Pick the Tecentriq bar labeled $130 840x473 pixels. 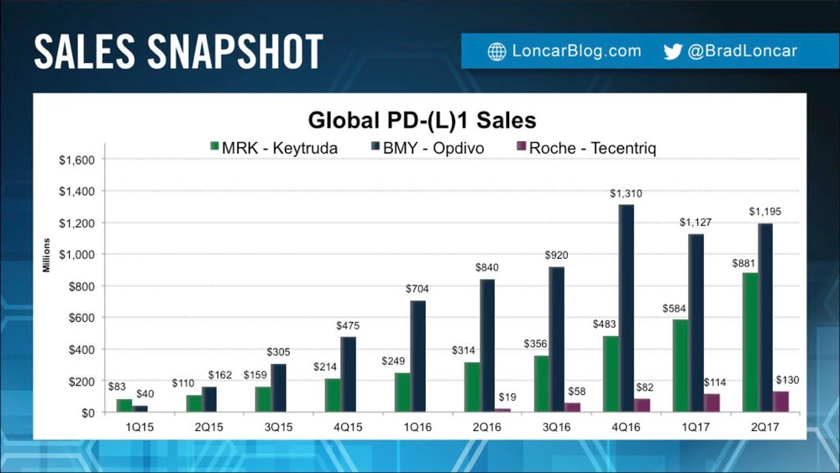pos(781,402)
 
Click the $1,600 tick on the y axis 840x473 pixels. pos(76,160)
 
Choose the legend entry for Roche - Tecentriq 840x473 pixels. pos(585,148)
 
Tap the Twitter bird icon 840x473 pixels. pos(672,51)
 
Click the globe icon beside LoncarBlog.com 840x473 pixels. pos(496,51)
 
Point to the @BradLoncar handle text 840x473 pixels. pos(742,51)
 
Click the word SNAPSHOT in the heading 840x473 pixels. pos(238,52)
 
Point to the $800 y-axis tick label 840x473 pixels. pos(81,286)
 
